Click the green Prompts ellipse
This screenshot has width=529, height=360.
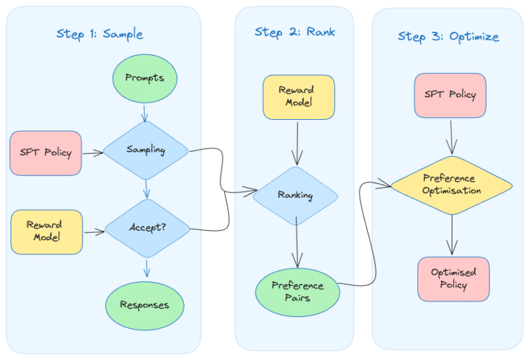click(144, 78)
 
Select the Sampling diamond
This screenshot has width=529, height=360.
click(145, 150)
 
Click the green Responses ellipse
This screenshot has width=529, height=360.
click(144, 306)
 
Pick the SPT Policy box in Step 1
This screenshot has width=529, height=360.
click(46, 153)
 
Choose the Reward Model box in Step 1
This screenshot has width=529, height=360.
click(46, 232)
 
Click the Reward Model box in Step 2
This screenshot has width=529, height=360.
click(298, 97)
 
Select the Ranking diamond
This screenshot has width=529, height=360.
click(295, 196)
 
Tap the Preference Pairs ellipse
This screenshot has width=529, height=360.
click(298, 291)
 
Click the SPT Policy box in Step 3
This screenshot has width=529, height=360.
click(450, 95)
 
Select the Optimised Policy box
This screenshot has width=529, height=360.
click(453, 279)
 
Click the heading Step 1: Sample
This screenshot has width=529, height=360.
click(99, 34)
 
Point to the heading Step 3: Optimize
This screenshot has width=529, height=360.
click(448, 36)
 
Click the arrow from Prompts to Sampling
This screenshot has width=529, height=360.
click(145, 112)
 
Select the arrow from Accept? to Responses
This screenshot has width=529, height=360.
click(146, 268)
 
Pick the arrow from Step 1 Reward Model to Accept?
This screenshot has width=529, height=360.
click(94, 232)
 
